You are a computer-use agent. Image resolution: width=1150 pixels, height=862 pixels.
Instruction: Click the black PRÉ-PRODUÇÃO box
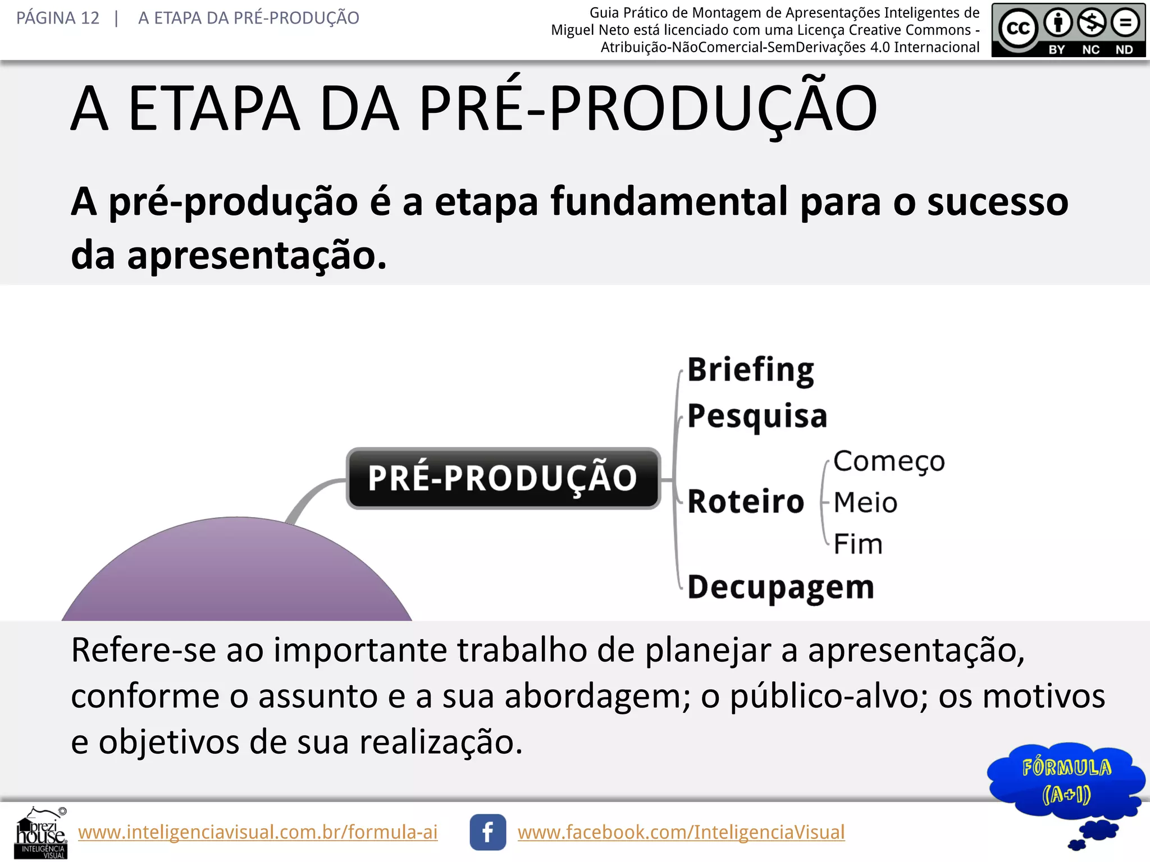tap(503, 478)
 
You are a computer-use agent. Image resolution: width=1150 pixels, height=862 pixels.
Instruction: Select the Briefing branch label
tap(751, 370)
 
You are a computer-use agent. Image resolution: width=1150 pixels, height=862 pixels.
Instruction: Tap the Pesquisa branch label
tap(757, 416)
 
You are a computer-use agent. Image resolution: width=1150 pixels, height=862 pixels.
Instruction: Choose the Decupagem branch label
tap(781, 587)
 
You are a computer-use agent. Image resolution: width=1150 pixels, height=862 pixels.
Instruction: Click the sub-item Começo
tap(889, 461)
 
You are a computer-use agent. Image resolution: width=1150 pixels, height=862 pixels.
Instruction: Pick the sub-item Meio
tap(865, 502)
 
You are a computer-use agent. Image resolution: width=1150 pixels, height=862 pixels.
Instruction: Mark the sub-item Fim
tap(858, 544)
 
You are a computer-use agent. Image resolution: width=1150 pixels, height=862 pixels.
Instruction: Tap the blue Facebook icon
tap(487, 832)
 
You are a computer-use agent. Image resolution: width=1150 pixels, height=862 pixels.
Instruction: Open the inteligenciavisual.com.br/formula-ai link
tap(258, 832)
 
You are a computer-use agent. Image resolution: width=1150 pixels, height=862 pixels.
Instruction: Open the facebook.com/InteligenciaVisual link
tap(681, 832)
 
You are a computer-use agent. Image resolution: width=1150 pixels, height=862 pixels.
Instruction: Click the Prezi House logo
tap(41, 833)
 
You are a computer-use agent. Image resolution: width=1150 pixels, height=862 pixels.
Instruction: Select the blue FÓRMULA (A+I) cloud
tap(1065, 781)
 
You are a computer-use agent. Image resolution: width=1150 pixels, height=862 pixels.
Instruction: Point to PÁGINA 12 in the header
tap(58, 18)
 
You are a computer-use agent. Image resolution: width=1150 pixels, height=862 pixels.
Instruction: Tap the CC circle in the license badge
tap(1017, 27)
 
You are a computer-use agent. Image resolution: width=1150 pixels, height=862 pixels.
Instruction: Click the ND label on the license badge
tap(1124, 49)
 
